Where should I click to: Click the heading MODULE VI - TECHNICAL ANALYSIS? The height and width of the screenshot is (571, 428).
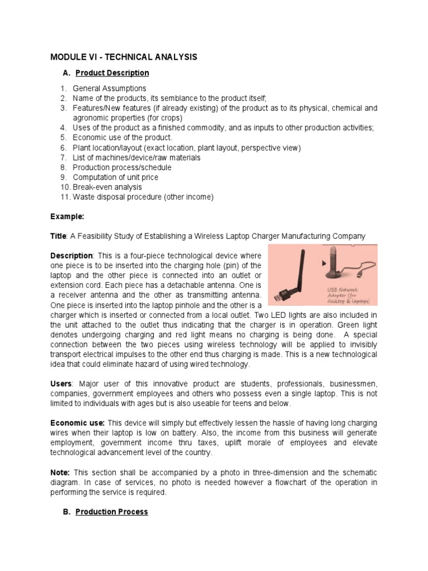click(124, 57)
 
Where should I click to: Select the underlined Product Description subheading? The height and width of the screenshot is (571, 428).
click(112, 73)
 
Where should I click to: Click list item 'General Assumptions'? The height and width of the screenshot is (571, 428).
click(109, 88)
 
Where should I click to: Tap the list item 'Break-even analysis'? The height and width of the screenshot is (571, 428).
click(107, 187)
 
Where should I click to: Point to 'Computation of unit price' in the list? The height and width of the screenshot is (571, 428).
click(115, 177)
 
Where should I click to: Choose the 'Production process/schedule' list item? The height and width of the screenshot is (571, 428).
click(122, 167)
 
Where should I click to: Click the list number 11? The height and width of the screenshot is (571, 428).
click(64, 197)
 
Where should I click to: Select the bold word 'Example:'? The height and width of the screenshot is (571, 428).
click(67, 216)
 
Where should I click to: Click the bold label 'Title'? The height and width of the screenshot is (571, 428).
click(58, 236)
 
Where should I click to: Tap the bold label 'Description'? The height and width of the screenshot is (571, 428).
click(71, 255)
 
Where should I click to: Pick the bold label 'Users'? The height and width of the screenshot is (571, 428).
click(61, 384)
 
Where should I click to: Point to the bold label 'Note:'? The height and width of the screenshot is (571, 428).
click(60, 472)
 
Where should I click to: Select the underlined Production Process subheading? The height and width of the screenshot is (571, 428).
click(111, 512)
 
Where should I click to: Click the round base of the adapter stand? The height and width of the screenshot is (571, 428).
click(341, 274)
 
